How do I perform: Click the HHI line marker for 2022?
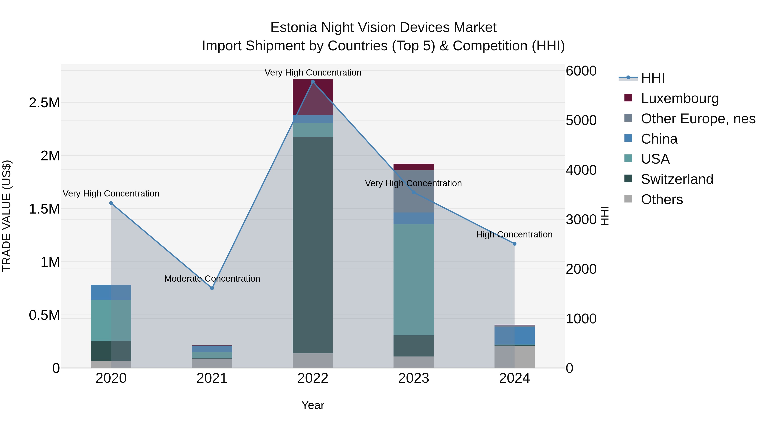tap(313, 82)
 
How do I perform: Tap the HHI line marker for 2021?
tap(212, 288)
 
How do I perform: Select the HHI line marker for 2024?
tap(514, 244)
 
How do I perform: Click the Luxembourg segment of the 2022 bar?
tap(313, 97)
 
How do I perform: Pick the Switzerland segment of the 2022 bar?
tap(313, 244)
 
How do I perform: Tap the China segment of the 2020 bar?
tap(111, 292)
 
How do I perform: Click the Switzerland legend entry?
tap(677, 179)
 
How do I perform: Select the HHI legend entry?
tap(652, 78)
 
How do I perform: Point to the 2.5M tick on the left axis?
tap(44, 103)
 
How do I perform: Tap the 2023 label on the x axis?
tap(414, 378)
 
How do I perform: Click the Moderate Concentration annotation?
tap(212, 278)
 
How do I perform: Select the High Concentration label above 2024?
tap(514, 234)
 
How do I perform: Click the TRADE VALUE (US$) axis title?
tap(7, 216)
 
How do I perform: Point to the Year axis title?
tap(313, 405)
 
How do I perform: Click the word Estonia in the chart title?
tap(293, 28)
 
